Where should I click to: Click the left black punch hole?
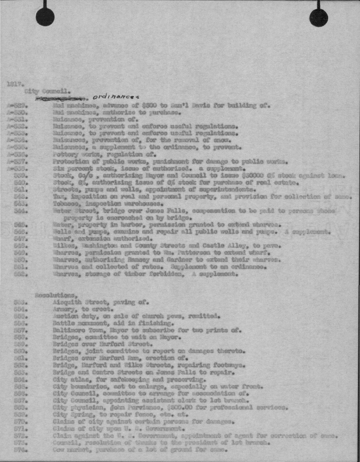point(45,17)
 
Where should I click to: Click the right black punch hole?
point(319,17)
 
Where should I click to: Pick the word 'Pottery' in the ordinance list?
point(65,153)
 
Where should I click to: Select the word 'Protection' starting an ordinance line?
point(69,160)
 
